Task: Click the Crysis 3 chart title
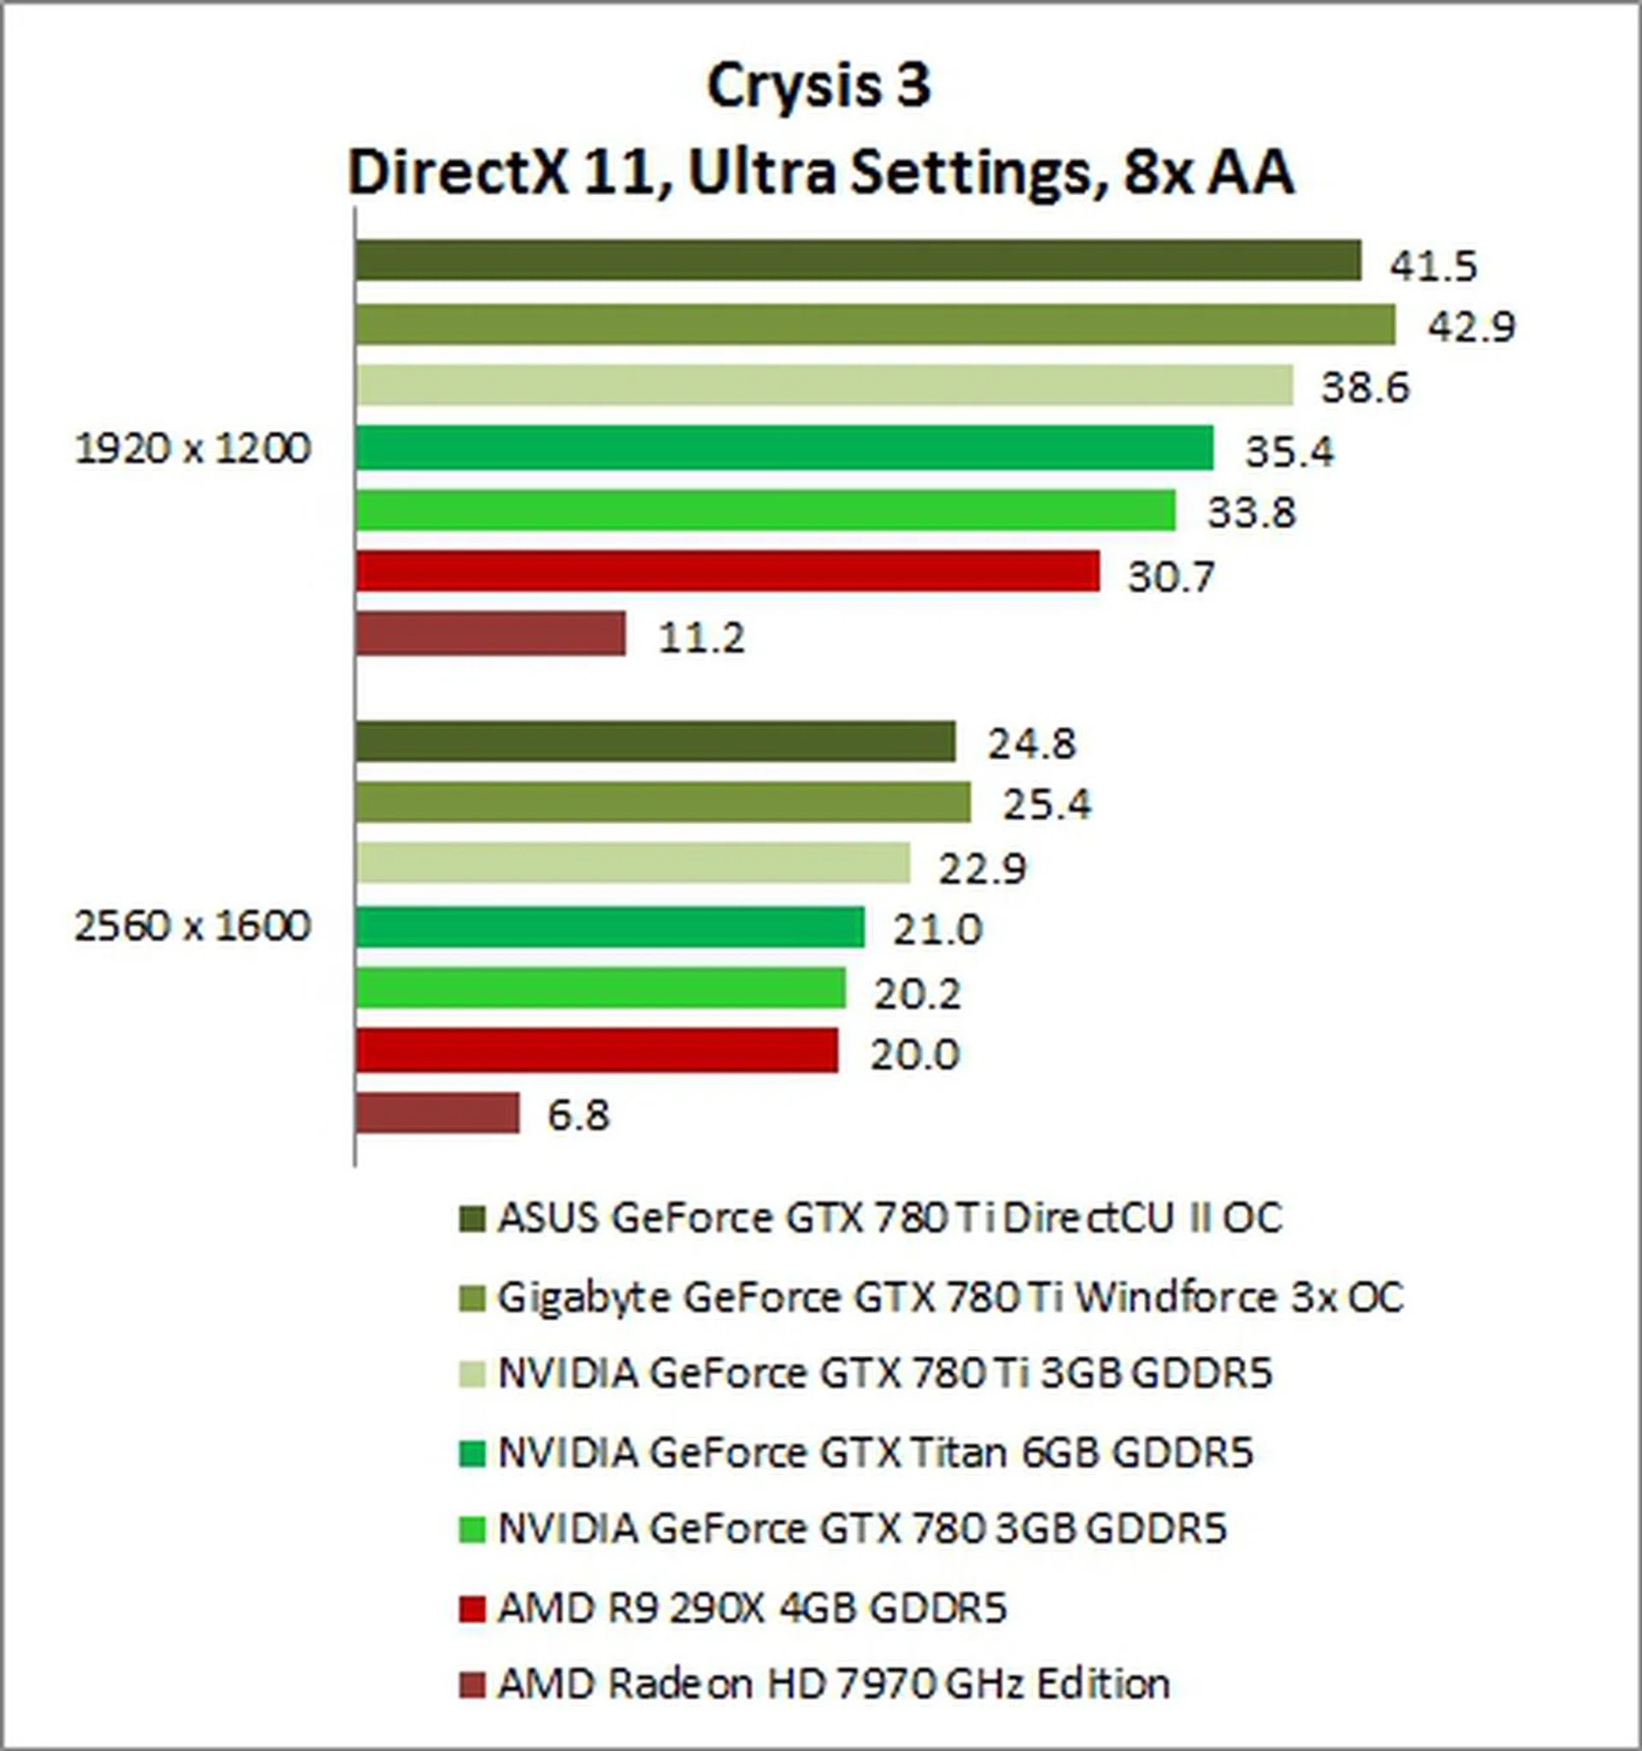click(x=818, y=87)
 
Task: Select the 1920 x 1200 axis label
click(x=193, y=449)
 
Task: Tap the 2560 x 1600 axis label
click(x=193, y=927)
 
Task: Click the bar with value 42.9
click(x=875, y=325)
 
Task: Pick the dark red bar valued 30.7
click(x=728, y=571)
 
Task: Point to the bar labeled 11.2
click(x=491, y=634)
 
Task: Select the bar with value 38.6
click(x=824, y=386)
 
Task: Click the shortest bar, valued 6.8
click(x=438, y=1113)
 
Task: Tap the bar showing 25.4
click(x=663, y=802)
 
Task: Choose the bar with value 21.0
click(x=610, y=927)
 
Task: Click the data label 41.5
click(x=1432, y=266)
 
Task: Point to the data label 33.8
click(x=1251, y=513)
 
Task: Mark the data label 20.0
click(x=914, y=1054)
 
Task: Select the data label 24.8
click(x=1031, y=745)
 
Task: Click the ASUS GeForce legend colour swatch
click(x=472, y=1220)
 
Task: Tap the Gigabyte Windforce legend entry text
click(x=949, y=1297)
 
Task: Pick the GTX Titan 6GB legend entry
click(x=875, y=1453)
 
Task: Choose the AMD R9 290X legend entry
click(x=752, y=1607)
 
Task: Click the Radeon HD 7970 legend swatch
click(x=472, y=1685)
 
